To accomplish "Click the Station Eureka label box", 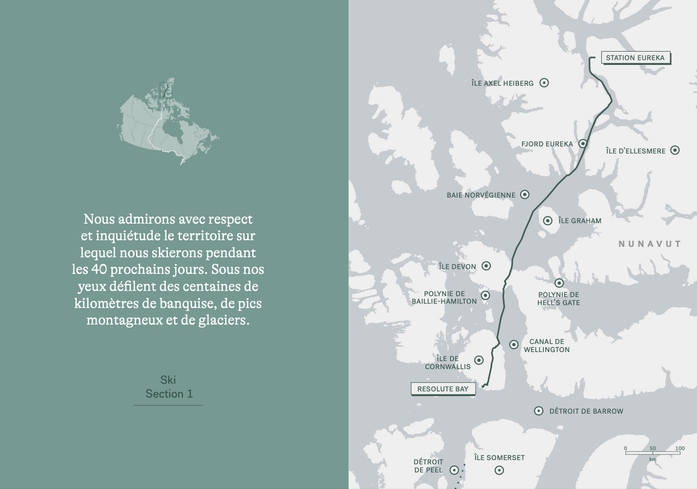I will (x=635, y=58).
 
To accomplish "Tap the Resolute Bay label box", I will (x=443, y=389).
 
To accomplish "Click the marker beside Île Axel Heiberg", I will (x=544, y=83).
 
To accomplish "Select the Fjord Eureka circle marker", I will (x=583, y=144).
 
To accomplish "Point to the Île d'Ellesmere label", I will (x=635, y=151).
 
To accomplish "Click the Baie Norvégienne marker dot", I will (x=525, y=195).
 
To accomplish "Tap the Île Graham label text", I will (x=580, y=221).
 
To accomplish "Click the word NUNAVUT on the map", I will (x=650, y=244).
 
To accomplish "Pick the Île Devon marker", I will (x=486, y=266).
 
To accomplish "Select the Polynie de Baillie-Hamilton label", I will (x=444, y=298).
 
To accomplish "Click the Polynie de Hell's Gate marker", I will (x=559, y=283).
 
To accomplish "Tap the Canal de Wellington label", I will (x=547, y=345).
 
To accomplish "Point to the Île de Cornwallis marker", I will (x=479, y=360).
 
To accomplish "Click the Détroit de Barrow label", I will (x=586, y=411).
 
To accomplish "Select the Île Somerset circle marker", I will (x=499, y=470).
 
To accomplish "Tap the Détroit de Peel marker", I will (x=454, y=470).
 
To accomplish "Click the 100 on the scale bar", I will (x=680, y=448).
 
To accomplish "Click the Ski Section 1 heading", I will (x=168, y=387).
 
